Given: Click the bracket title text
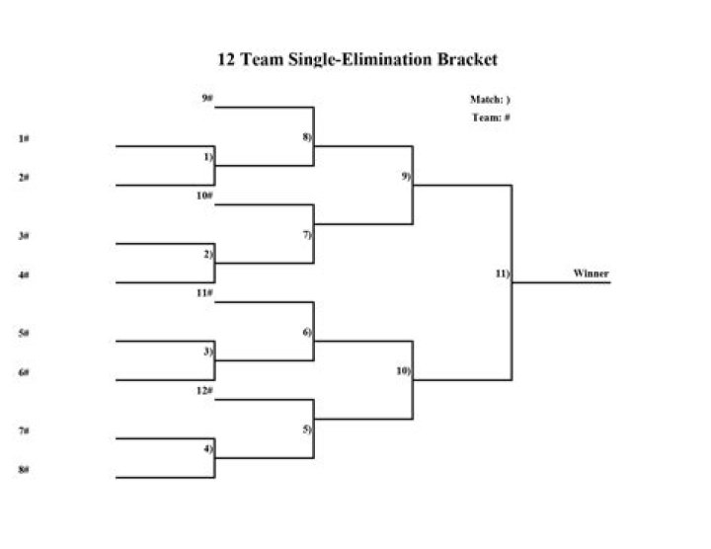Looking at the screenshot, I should click(356, 59).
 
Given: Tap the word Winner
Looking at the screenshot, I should click(591, 274).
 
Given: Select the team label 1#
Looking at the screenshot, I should click(23, 138).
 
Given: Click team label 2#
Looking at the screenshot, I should click(23, 178).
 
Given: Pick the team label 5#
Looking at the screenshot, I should click(23, 334).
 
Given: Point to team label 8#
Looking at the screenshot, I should click(23, 470).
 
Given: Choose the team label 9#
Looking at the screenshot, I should click(207, 98).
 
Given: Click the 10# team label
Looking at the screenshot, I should click(205, 196).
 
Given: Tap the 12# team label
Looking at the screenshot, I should click(205, 391).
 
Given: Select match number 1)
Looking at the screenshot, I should click(208, 157).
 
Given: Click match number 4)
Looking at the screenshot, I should click(208, 449).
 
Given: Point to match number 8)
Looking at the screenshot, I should click(307, 136).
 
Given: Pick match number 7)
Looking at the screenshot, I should click(307, 235).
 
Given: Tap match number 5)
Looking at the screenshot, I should click(307, 430).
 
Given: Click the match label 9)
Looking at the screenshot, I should click(406, 176).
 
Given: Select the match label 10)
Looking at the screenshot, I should click(404, 371).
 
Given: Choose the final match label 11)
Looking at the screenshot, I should click(503, 274).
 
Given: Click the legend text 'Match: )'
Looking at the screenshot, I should click(490, 100).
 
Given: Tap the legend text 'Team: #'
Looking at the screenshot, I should click(490, 118).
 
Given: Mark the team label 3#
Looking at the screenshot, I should click(23, 236).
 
